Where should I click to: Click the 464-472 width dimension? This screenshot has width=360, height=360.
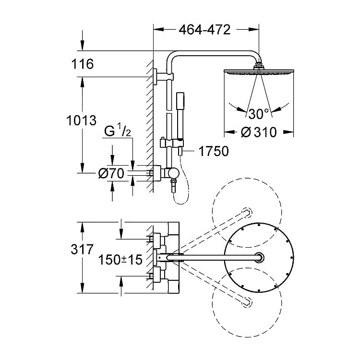pos(204,30)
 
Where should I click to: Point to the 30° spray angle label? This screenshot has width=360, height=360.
pos(259,114)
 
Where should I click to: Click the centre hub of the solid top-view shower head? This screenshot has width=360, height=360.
pos(260,257)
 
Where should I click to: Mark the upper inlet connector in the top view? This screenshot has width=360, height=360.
pos(156,238)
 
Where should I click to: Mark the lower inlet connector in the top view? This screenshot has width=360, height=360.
pos(156,276)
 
